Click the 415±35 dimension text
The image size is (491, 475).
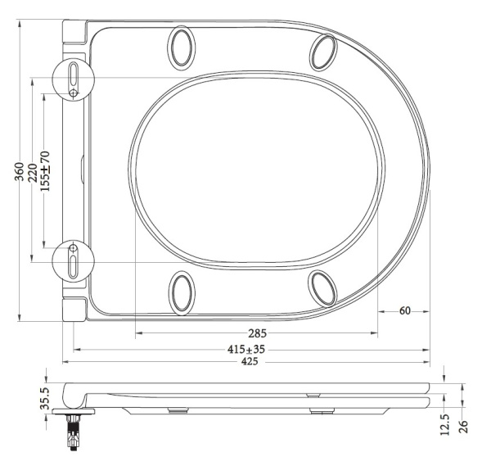tap(246, 349)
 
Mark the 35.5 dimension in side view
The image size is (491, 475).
tap(46, 400)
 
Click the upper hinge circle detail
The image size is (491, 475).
tap(74, 79)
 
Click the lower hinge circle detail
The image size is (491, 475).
tap(74, 261)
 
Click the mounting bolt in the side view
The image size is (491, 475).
tap(74, 430)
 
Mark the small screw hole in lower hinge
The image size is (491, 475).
tap(74, 247)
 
